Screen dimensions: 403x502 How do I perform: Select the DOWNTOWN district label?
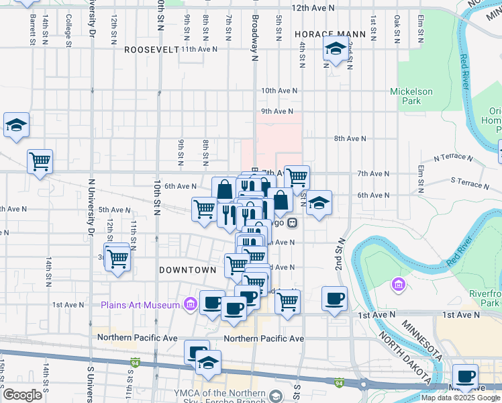point(187,270)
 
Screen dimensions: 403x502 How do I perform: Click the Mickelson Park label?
point(412,96)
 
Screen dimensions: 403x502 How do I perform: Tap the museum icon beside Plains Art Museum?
point(190,306)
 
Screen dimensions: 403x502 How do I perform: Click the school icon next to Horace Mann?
point(335,49)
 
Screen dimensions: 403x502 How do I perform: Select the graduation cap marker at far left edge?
point(16,125)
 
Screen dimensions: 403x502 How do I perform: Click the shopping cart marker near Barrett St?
point(40,161)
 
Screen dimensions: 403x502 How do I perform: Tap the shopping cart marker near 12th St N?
point(117,257)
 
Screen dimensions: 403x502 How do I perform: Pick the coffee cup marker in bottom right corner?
point(464,377)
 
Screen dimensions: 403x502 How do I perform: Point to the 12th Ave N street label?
point(313,8)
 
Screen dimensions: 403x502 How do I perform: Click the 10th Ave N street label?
point(277,90)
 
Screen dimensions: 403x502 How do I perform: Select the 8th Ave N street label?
point(350,138)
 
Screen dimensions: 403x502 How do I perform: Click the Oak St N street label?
point(397,28)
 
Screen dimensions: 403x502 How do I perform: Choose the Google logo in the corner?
point(22,395)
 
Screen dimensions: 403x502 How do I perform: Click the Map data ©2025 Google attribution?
point(460,398)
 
